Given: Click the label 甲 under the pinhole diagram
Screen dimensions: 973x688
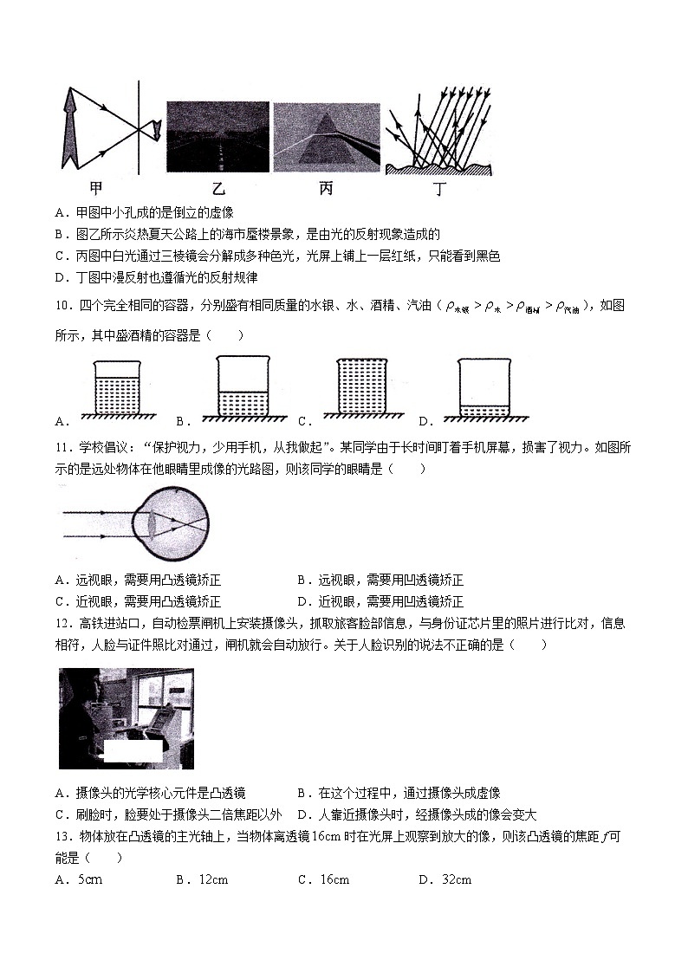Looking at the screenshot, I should [97, 187].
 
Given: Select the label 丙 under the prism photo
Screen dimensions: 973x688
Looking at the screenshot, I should [326, 187].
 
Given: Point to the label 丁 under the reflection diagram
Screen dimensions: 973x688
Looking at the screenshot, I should [439, 187].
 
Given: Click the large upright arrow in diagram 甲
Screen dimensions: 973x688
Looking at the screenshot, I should [72, 130].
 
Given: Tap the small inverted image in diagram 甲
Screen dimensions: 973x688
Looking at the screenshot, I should [155, 130].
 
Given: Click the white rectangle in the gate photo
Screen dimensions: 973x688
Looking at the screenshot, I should [133, 751].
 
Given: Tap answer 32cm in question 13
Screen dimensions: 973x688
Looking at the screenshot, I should [456, 880].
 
